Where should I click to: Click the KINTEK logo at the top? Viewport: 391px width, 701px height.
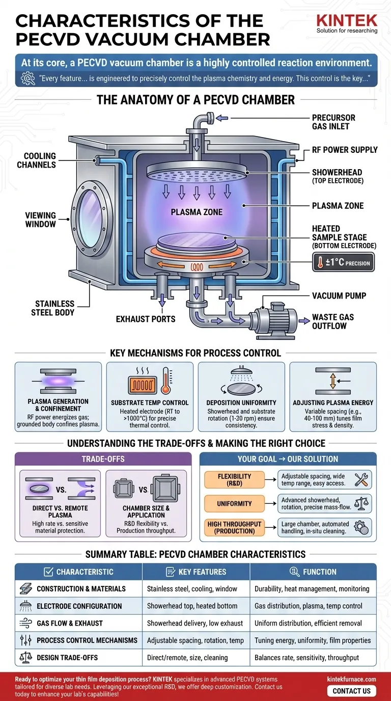click(x=347, y=20)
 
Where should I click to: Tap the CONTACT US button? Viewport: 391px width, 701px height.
click(x=351, y=691)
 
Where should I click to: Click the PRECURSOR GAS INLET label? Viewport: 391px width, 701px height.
click(x=333, y=122)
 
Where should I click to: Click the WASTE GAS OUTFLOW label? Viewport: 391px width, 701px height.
click(x=332, y=321)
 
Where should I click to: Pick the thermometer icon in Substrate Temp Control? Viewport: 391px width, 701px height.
click(x=165, y=381)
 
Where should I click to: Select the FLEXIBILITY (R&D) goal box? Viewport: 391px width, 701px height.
click(x=234, y=479)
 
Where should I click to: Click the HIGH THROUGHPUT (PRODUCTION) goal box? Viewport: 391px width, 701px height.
click(x=234, y=527)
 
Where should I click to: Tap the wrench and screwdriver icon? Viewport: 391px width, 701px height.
click(x=362, y=479)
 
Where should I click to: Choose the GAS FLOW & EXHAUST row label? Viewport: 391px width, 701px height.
click(x=69, y=623)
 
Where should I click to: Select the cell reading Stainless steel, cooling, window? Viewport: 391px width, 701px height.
click(x=192, y=589)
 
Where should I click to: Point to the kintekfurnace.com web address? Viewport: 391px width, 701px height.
click(x=351, y=679)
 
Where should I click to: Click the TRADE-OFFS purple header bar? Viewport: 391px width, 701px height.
click(x=103, y=459)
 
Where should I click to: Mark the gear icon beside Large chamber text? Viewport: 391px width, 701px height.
click(x=362, y=527)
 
